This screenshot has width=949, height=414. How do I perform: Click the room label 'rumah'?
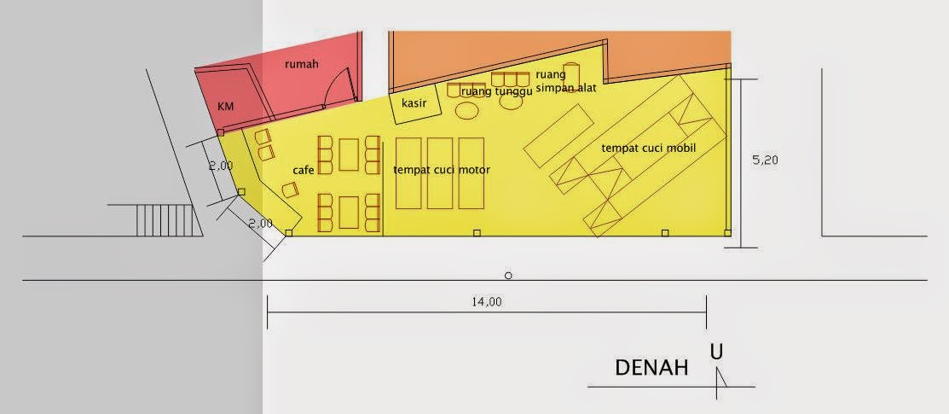pyautogui.click(x=301, y=65)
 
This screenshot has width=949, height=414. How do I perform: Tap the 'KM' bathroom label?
pyautogui.click(x=226, y=107)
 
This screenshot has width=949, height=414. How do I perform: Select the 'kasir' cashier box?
pyautogui.click(x=414, y=104)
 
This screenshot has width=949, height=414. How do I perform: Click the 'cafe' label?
pyautogui.click(x=304, y=171)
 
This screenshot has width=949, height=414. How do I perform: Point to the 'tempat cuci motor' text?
pyautogui.click(x=442, y=170)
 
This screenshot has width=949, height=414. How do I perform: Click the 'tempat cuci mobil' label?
pyautogui.click(x=648, y=149)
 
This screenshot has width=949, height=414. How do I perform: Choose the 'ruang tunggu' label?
pyautogui.click(x=496, y=91)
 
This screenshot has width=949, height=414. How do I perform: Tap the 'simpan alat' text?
pyautogui.click(x=566, y=88)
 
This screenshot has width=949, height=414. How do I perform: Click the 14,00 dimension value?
pyautogui.click(x=487, y=302)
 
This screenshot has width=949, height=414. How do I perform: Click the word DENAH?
pyautogui.click(x=651, y=368)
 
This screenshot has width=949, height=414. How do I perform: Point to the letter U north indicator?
pyautogui.click(x=716, y=352)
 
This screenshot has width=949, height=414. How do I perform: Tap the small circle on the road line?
pyautogui.click(x=508, y=276)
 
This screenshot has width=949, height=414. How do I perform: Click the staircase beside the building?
pyautogui.click(x=165, y=220)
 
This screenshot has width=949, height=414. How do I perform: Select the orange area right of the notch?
pyautogui.click(x=668, y=55)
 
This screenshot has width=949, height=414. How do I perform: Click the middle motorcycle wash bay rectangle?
pyautogui.click(x=440, y=173)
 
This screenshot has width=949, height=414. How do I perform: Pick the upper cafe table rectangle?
pyautogui.click(x=350, y=155)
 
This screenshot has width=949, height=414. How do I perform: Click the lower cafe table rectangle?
pyautogui.click(x=350, y=213)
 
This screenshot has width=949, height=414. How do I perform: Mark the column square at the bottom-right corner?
pyautogui.click(x=727, y=232)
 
